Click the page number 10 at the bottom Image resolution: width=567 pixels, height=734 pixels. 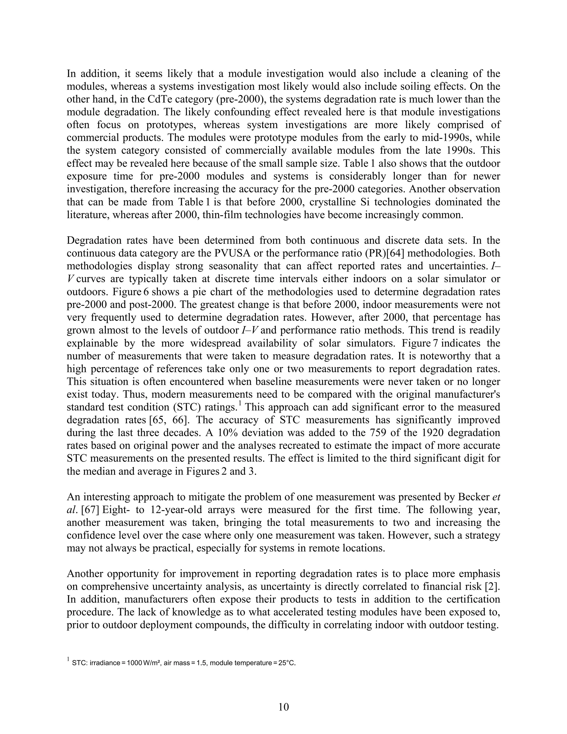point(283,707)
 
